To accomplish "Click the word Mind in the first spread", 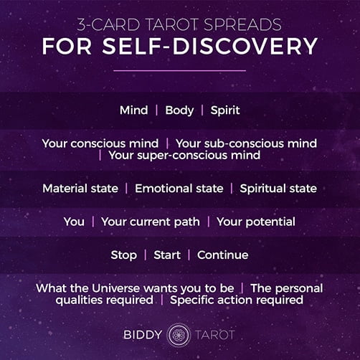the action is [134, 110].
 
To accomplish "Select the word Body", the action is [179, 110].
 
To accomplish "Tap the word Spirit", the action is [225, 110].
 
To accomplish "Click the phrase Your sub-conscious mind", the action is [246, 143].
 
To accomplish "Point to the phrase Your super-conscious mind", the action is [184, 156].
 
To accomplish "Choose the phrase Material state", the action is [80, 189].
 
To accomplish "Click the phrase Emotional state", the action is [179, 189].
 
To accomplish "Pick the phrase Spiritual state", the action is [278, 189].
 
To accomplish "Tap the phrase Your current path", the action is [151, 222].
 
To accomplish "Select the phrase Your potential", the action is [256, 222].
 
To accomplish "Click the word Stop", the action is [124, 255].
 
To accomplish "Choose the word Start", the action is [167, 255].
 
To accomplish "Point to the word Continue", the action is [223, 255].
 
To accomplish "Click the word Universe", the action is [115, 288].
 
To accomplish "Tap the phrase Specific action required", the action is [237, 300].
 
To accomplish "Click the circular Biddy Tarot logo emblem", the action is [179, 335].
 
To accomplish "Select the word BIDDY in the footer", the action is [143, 335].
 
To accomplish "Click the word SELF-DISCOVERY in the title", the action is [210, 47].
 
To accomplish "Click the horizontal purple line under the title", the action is [179, 70].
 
